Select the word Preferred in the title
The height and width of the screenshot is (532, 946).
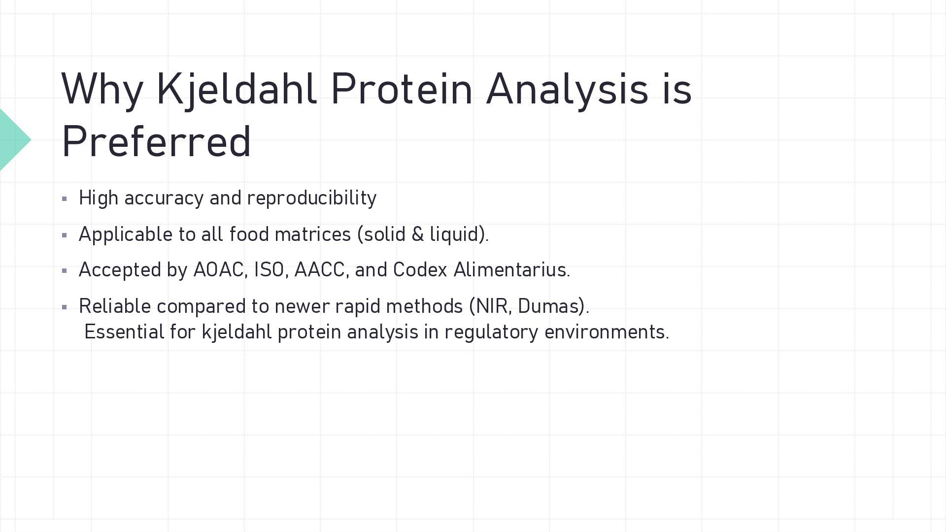(157, 141)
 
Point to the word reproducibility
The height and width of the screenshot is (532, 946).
(311, 199)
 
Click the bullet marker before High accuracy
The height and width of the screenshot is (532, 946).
(65, 199)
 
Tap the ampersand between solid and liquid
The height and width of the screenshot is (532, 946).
(417, 234)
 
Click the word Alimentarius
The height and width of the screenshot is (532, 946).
(511, 270)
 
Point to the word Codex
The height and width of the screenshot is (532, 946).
(420, 270)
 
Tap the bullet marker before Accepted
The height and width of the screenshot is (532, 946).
(65, 271)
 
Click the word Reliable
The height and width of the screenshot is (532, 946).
(115, 306)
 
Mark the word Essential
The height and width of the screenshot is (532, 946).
(124, 332)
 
